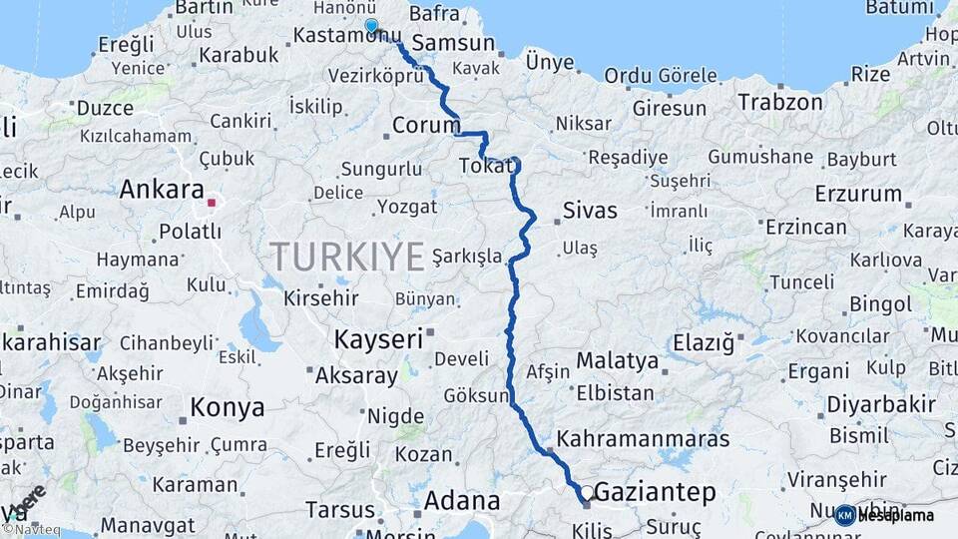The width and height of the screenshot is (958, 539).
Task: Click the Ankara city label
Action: coord(161,190)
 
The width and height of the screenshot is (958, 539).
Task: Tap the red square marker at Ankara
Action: coord(211,203)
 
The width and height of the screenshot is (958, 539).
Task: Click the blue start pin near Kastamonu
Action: coord(371,27)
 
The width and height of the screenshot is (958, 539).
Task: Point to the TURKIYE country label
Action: coord(348,258)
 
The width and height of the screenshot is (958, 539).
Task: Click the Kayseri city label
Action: coord(378,339)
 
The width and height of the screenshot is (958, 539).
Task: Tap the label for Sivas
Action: coord(590,212)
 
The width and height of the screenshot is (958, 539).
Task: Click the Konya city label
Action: coord(228,407)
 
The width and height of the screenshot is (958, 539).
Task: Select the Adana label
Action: coord(462,501)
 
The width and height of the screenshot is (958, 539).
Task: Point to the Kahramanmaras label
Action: coord(644,438)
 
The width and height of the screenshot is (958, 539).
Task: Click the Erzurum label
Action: coord(857,194)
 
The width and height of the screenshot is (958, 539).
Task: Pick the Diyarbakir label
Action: coord(881,405)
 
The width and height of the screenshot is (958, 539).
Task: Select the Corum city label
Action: coord(425,126)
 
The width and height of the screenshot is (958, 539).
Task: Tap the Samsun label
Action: coord(453,44)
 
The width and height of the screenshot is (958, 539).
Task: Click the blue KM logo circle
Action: coord(844,515)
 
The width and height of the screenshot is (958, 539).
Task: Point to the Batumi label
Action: coord(899,8)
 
